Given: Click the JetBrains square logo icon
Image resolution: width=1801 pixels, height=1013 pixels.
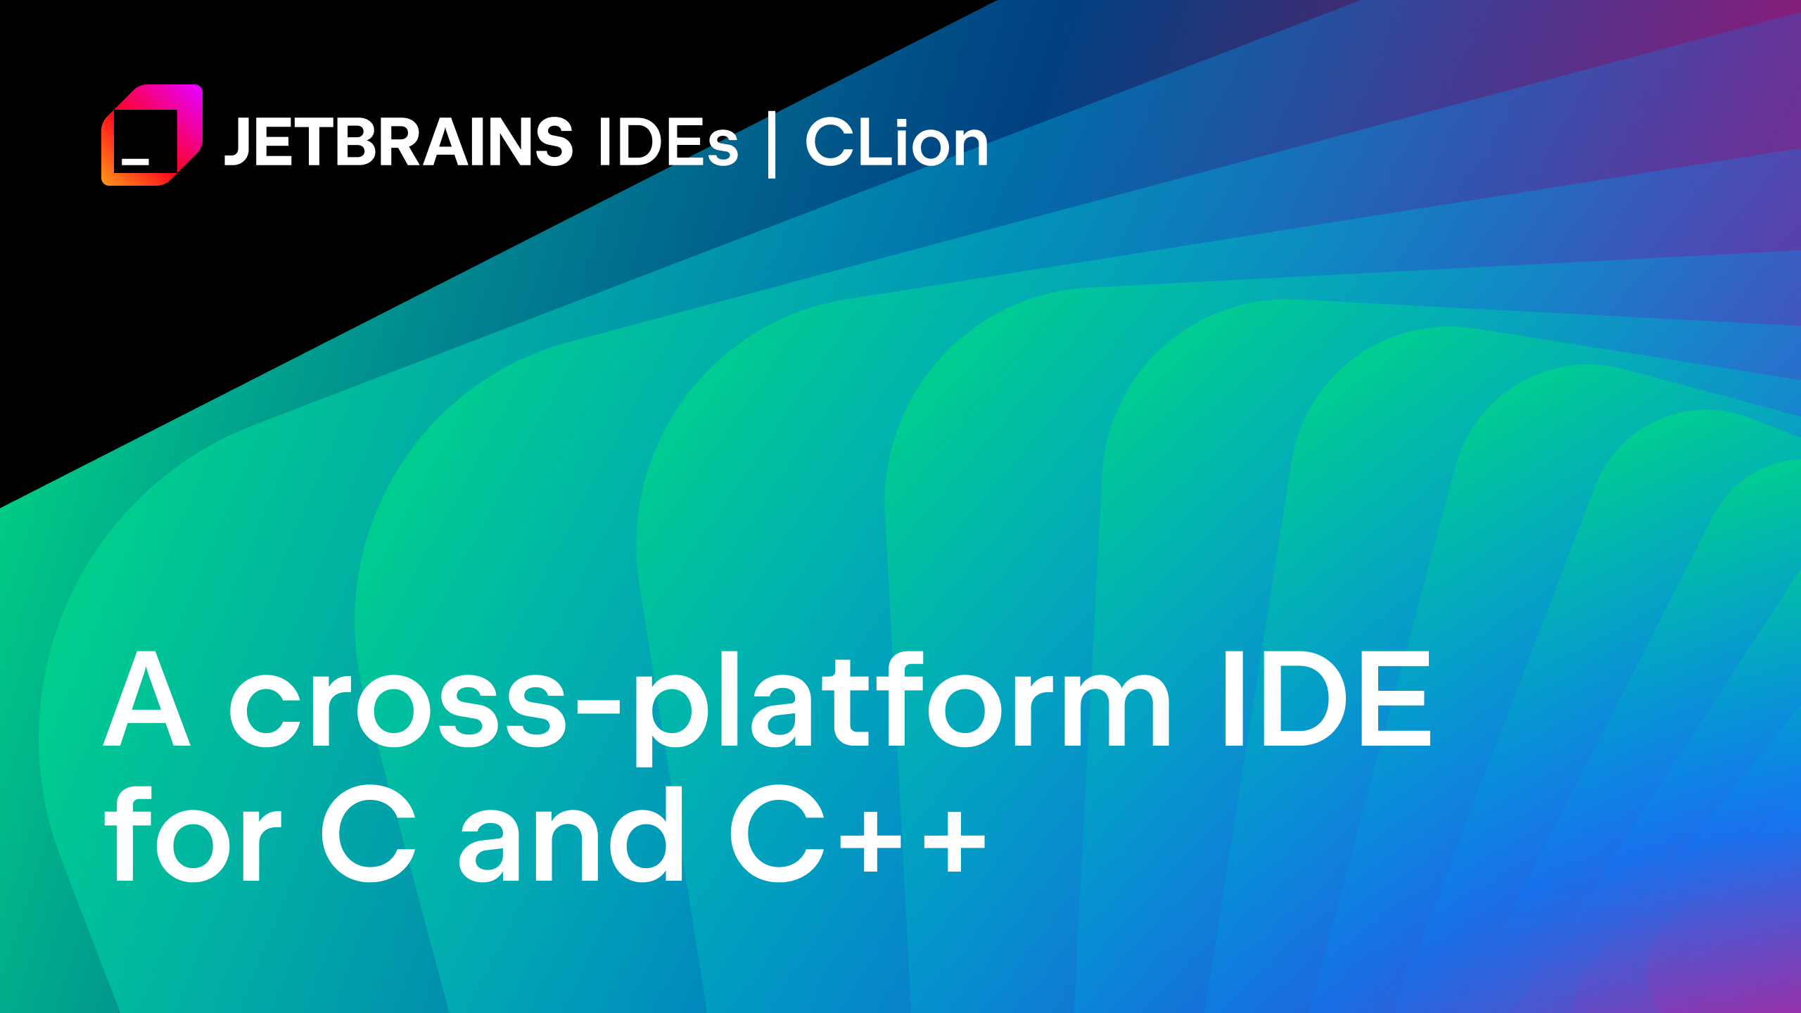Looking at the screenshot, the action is (152, 135).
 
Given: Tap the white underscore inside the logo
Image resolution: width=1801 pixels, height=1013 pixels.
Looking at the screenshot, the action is (135, 162).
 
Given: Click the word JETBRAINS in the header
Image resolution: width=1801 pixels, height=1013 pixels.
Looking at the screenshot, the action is (399, 142).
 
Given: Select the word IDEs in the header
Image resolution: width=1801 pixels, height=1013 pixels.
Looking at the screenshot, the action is (668, 143).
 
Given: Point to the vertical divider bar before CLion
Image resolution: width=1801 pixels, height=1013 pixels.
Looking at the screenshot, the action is (772, 144).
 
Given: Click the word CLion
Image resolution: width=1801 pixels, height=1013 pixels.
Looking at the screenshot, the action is (897, 142).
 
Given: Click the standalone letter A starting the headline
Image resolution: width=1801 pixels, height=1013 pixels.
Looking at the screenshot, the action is (147, 698).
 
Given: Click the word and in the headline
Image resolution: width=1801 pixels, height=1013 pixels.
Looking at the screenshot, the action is (571, 834).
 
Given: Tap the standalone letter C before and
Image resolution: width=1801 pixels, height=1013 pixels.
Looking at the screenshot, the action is (369, 834).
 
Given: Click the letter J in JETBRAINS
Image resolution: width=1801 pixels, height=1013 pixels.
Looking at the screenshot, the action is (237, 143).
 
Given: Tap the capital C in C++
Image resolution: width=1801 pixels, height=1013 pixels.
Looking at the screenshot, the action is (777, 834).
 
